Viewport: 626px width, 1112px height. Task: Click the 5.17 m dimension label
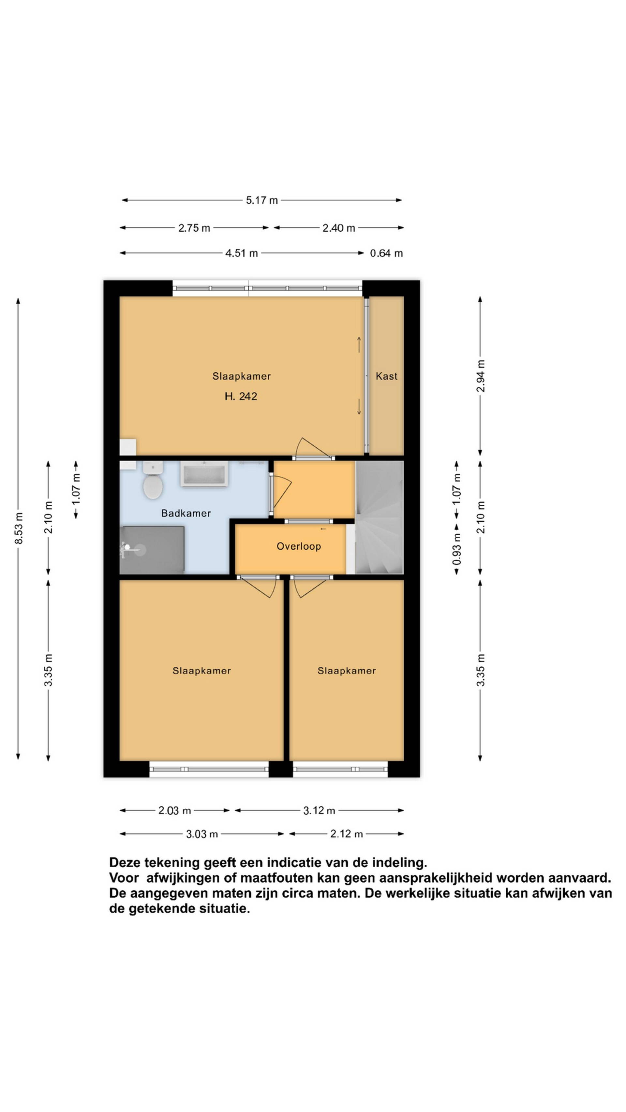[262, 200]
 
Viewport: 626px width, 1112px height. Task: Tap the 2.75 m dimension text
[194, 228]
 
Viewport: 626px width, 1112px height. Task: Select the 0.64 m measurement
[386, 253]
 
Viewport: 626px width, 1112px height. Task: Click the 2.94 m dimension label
[480, 376]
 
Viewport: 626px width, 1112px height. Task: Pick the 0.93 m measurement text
[457, 549]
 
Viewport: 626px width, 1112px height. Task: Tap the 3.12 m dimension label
[319, 811]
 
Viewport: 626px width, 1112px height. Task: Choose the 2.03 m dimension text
[174, 811]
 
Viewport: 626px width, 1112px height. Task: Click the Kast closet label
[386, 376]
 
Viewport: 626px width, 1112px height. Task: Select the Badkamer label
[186, 513]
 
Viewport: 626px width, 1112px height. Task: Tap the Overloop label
[299, 546]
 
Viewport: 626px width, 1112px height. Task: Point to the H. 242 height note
[241, 396]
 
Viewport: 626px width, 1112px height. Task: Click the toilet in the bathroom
[153, 480]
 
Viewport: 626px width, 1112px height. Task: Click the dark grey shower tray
[152, 550]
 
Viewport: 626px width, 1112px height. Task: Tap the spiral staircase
[379, 518]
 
